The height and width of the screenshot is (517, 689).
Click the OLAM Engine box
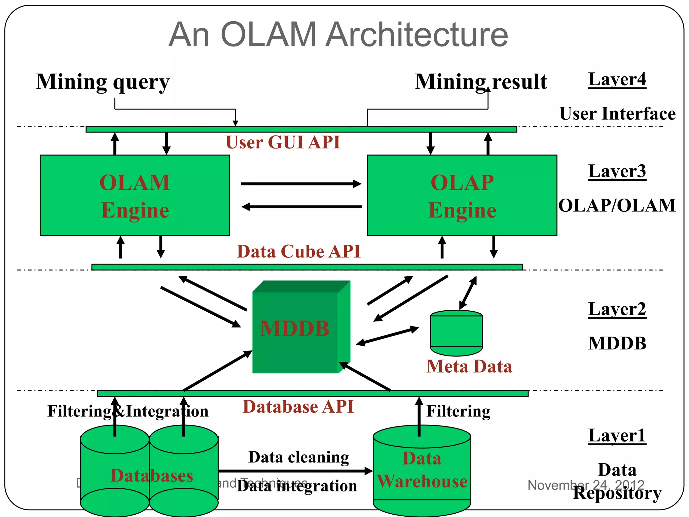[x=135, y=195]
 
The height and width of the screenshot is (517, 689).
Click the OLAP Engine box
[x=462, y=195]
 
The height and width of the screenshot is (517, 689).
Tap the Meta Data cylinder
[x=456, y=333]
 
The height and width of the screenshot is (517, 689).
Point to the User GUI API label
[x=283, y=142]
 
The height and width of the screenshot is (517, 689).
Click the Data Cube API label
[x=298, y=251]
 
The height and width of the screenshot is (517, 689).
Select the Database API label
[x=298, y=407]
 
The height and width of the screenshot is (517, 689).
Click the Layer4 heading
[x=617, y=80]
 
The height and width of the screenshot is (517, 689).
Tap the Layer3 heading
[x=617, y=171]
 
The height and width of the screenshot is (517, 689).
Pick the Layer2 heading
[x=617, y=309]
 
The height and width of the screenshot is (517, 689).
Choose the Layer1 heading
[x=617, y=436]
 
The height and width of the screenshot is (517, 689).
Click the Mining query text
[x=103, y=82]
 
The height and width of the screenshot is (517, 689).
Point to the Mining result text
[x=481, y=82]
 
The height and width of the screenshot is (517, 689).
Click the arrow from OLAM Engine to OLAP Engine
[x=301, y=184]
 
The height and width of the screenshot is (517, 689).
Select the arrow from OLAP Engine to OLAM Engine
[x=301, y=207]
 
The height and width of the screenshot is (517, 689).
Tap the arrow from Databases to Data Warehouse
[x=295, y=471]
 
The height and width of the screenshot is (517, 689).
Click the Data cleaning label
[x=299, y=457]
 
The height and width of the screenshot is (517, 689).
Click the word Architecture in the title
[x=417, y=34]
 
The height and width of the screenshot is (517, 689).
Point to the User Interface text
[x=617, y=114]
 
